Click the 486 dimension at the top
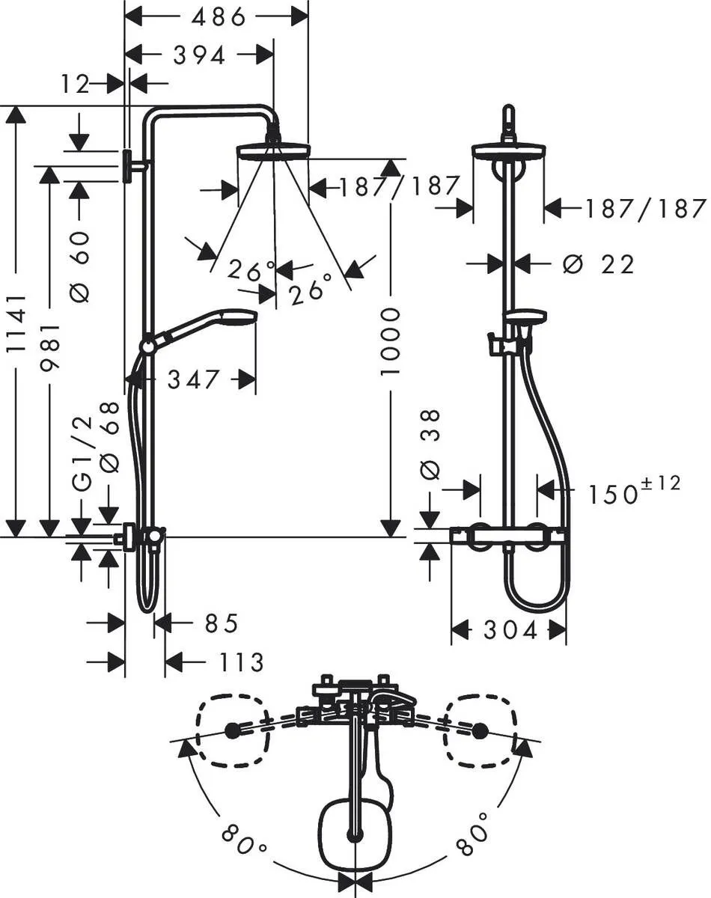coord(218,16)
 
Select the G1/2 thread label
coord(82,454)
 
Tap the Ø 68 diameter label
coord(109,437)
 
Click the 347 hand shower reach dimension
coord(193,379)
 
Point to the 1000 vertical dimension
coord(390,341)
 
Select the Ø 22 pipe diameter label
coord(598,264)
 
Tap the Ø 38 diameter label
coord(431,445)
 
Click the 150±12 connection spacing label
coord(633,492)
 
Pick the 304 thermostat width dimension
coord(510,631)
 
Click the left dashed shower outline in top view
coord(232,730)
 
